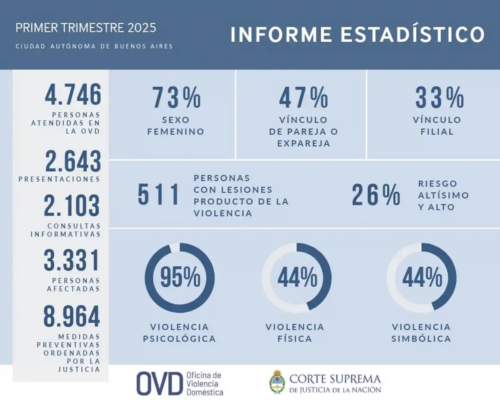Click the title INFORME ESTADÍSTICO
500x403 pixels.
pos(357,35)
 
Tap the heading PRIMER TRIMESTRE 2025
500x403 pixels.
pos(86,28)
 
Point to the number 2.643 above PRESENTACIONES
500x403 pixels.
pos(73,162)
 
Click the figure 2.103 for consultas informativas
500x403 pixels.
pos(72,207)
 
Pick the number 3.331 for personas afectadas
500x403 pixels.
pos(72,261)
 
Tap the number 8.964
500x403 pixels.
pos(72,317)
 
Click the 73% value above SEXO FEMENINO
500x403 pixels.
pos(176,98)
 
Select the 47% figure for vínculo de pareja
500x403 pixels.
pos(303,98)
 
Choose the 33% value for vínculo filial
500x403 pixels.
pos(440,98)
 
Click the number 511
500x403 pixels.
pos(159,195)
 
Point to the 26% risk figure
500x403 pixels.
pos(376,195)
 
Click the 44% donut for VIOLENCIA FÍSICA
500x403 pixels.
pos(297,277)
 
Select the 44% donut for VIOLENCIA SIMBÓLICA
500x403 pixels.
pos(422,277)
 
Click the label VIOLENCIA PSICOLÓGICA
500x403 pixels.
pos(180,333)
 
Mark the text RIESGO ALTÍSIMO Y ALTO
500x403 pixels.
pos(443,195)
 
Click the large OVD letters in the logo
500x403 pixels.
pos(160,383)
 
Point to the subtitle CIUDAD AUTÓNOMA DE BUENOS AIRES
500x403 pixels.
pos(94,46)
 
